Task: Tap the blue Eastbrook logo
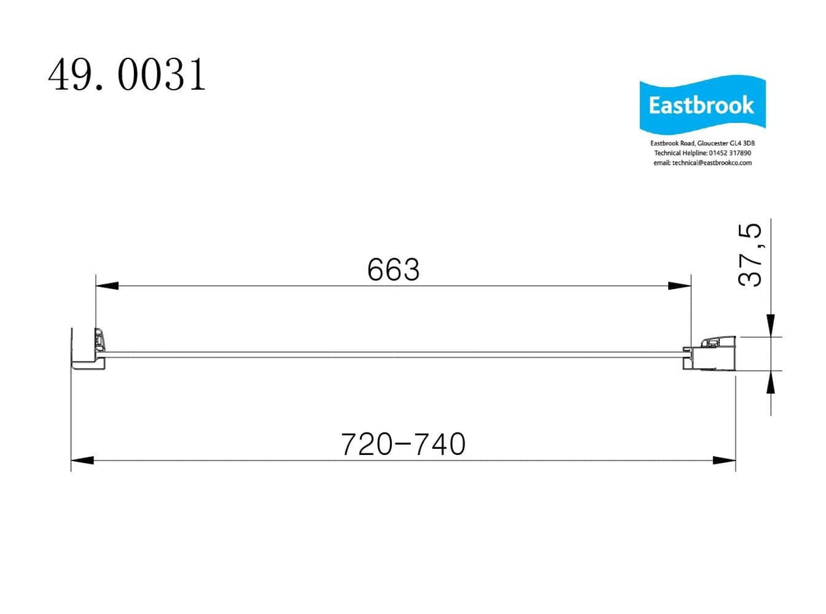pos(701,105)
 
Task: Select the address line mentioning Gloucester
pos(701,144)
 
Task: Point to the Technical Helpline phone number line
pos(701,154)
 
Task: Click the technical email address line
pos(701,163)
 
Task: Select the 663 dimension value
pos(393,271)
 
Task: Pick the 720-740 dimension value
pos(403,445)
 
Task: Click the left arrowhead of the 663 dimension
pos(107,286)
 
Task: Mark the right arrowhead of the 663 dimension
pos(680,286)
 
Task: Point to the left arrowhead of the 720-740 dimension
pos(82,460)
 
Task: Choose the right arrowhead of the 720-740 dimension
pos(724,460)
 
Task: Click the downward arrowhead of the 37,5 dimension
pos(770,325)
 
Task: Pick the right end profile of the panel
pos(711,353)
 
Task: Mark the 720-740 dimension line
pos(238,460)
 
